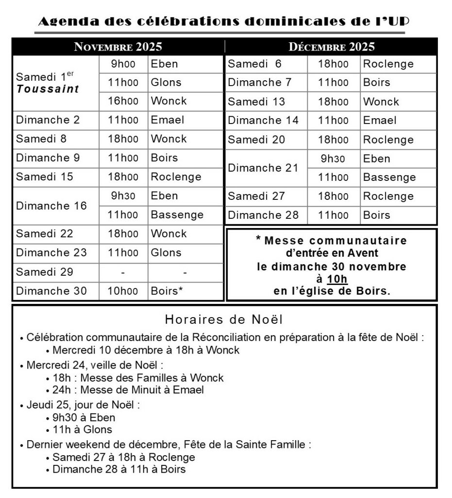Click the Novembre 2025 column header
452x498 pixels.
coord(117,47)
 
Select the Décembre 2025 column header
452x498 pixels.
coord(332,47)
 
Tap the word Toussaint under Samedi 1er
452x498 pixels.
coord(48,89)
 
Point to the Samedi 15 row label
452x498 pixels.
coord(45,177)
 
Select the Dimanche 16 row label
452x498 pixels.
coord(51,205)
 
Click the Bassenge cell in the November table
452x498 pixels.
coord(177,215)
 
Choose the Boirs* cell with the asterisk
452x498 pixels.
coord(167,291)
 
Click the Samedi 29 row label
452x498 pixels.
coord(45,272)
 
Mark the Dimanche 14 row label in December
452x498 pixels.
coord(263,121)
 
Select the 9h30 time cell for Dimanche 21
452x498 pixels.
coord(334,159)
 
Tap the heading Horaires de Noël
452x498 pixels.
coord(224,320)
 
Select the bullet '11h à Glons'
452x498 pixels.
coord(82,430)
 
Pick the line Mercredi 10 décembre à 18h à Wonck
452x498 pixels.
coord(146,350)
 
